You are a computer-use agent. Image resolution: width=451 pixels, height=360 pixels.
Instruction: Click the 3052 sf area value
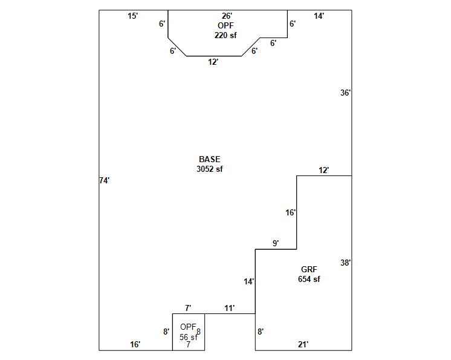point(209,169)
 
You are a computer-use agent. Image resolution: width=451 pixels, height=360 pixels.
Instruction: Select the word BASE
point(209,160)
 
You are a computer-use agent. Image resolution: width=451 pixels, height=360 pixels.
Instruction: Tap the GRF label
point(309,269)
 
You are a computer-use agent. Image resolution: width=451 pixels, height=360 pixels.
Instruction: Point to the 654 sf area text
point(309,279)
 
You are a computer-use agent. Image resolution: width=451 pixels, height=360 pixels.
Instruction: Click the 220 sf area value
point(225,35)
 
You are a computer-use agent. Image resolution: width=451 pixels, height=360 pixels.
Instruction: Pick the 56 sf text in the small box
point(188,337)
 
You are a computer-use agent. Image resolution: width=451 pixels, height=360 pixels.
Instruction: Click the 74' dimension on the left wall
point(104,180)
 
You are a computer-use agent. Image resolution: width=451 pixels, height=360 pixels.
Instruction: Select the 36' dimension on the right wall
point(345,93)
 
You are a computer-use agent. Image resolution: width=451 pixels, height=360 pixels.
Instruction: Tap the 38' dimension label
point(345,263)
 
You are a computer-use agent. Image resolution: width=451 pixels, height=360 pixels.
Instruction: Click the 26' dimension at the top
point(227,16)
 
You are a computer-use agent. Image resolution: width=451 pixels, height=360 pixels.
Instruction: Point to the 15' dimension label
point(133,16)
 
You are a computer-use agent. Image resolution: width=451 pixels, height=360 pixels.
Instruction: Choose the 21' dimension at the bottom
point(303,344)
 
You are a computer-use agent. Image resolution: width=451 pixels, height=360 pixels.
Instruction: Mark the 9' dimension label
point(276,243)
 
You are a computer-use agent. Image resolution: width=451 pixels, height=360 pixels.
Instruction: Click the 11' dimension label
point(230,308)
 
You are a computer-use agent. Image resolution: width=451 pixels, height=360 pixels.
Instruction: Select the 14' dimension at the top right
point(319,16)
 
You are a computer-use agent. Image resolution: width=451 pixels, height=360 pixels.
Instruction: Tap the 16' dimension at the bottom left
point(135,344)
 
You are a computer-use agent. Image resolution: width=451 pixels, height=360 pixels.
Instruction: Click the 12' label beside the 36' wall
point(324,170)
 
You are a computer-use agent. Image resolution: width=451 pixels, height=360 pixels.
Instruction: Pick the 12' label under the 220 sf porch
point(213,62)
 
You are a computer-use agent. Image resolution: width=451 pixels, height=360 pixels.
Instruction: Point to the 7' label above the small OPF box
point(188,308)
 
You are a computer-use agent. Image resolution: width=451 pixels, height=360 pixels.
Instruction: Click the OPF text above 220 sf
point(225,25)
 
